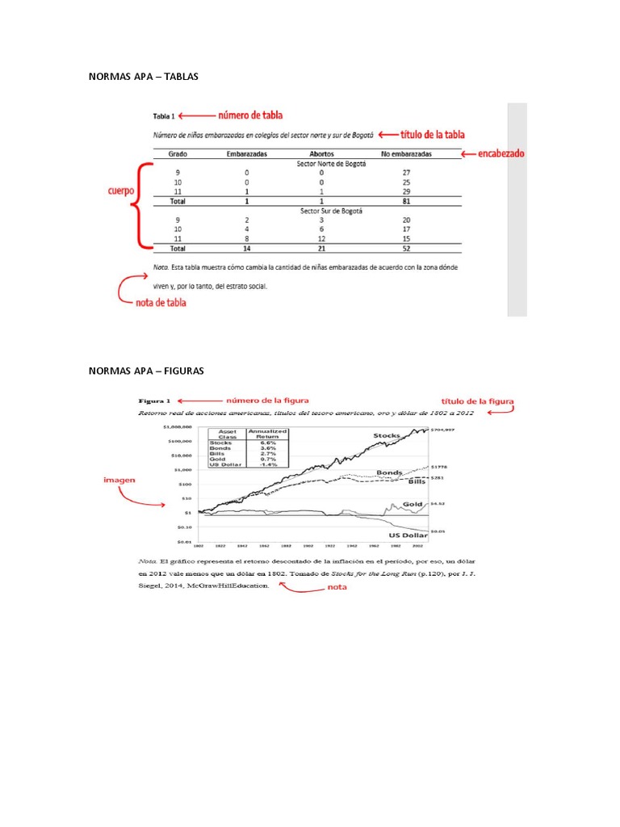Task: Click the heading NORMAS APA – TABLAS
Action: [143, 77]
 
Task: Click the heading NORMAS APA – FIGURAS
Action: [146, 371]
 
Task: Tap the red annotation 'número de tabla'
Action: [249, 115]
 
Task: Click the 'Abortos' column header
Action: [321, 153]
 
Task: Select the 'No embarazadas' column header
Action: [406, 153]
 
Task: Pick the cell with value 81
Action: [406, 202]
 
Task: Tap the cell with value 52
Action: [406, 250]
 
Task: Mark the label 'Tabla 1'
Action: [165, 115]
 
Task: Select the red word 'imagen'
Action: [119, 479]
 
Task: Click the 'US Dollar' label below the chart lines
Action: [408, 535]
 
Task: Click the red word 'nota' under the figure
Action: [337, 587]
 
